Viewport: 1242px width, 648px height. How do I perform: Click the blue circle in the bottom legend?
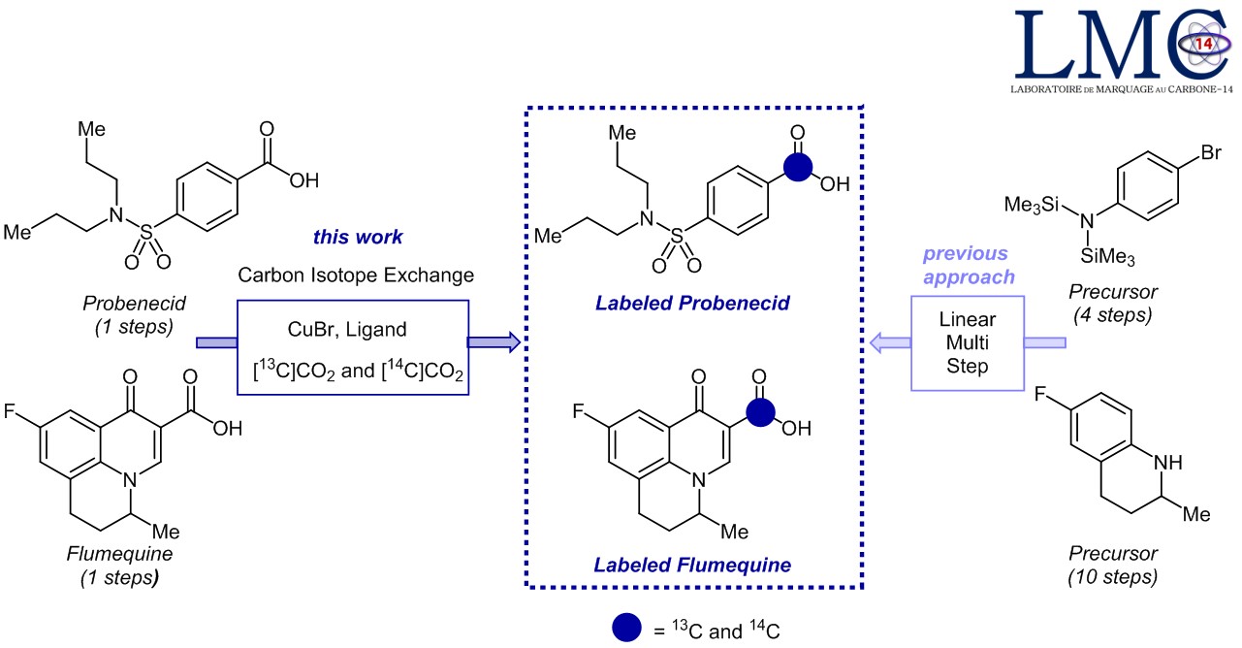627,629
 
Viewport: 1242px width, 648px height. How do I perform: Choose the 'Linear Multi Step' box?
966,344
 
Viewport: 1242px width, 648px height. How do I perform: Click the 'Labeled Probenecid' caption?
692,303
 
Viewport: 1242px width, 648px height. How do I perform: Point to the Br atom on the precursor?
1184,153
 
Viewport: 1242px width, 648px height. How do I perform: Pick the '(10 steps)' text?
1113,577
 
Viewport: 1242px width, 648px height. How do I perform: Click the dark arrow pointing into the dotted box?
494,341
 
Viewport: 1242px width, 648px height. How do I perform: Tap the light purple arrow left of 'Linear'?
889,341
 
